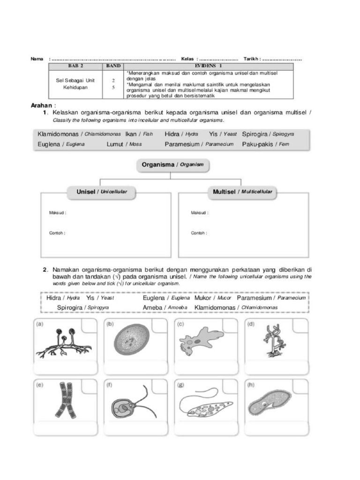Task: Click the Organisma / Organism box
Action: coord(173,165)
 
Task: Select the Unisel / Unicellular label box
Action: coord(102,192)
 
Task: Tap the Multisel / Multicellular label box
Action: coord(242,192)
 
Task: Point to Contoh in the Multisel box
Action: coord(199,232)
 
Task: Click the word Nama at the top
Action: coord(37,59)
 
